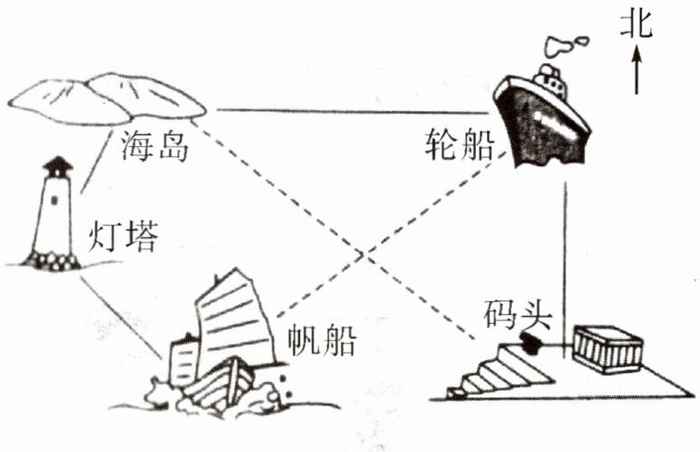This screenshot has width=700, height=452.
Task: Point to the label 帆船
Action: [x=321, y=342]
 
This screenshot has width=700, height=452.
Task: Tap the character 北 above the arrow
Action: [x=637, y=26]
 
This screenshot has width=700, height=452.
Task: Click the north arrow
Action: [x=637, y=72]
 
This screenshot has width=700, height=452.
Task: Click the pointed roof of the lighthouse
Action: [x=59, y=163]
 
